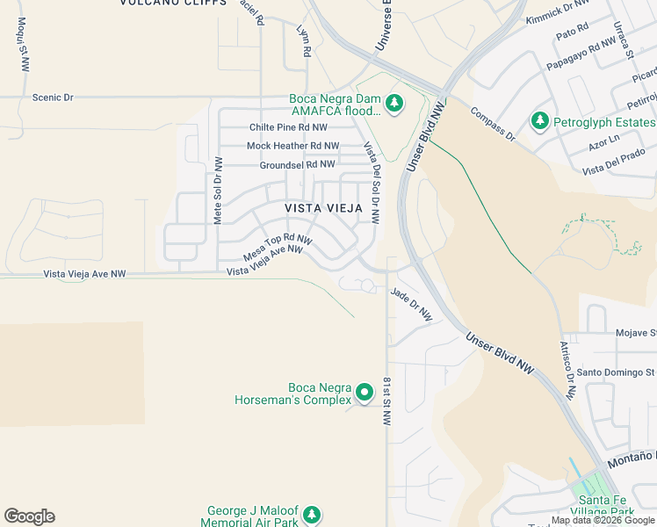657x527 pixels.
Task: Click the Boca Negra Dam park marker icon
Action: [x=395, y=105]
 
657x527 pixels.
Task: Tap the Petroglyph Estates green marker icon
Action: [x=539, y=121]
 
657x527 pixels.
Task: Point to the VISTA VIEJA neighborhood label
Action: [x=324, y=207]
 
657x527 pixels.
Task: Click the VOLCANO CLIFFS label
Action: [x=167, y=4]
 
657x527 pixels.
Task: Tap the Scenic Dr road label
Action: [x=53, y=97]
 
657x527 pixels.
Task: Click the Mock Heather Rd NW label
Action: [x=292, y=146]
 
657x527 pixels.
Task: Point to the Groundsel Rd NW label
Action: [x=297, y=164]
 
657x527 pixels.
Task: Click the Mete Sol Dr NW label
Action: [x=218, y=191]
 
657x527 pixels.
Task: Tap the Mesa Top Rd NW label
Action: [x=278, y=246]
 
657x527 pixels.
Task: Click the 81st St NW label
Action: [x=386, y=401]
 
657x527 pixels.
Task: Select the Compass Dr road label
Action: [x=492, y=123]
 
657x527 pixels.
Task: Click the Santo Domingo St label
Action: [x=615, y=372]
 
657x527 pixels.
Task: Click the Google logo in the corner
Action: [x=29, y=516]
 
